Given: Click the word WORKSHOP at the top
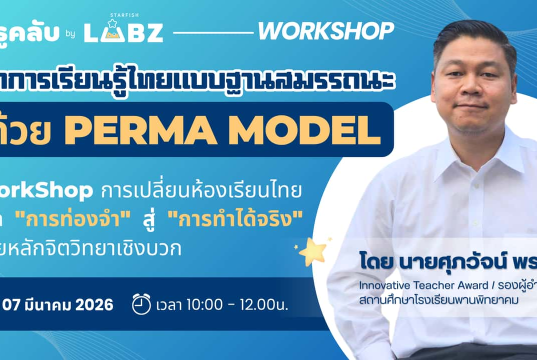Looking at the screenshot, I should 325,31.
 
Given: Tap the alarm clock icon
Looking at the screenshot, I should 142,301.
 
